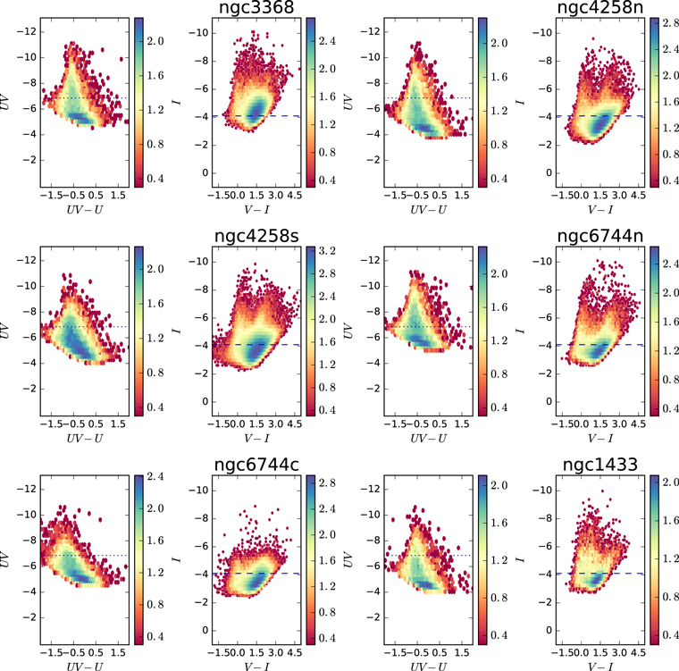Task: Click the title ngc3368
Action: [256, 7]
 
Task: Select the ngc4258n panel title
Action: [600, 7]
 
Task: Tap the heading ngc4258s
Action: [256, 236]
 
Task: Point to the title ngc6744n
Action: [600, 236]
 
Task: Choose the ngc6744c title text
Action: [256, 465]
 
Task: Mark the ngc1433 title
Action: [600, 465]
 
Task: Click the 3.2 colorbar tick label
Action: [327, 251]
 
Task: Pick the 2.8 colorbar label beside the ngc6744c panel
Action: [327, 483]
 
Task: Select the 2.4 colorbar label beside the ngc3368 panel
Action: [327, 41]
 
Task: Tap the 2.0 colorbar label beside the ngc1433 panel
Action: [670, 482]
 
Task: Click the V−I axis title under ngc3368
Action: [256, 210]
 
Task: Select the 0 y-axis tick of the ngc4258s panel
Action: [205, 401]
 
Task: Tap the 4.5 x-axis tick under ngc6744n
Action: [638, 424]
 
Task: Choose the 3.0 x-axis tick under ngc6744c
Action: [275, 652]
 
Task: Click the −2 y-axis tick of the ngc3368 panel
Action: [201, 145]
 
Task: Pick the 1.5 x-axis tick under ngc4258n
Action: [600, 195]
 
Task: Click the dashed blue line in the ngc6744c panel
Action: [256, 573]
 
